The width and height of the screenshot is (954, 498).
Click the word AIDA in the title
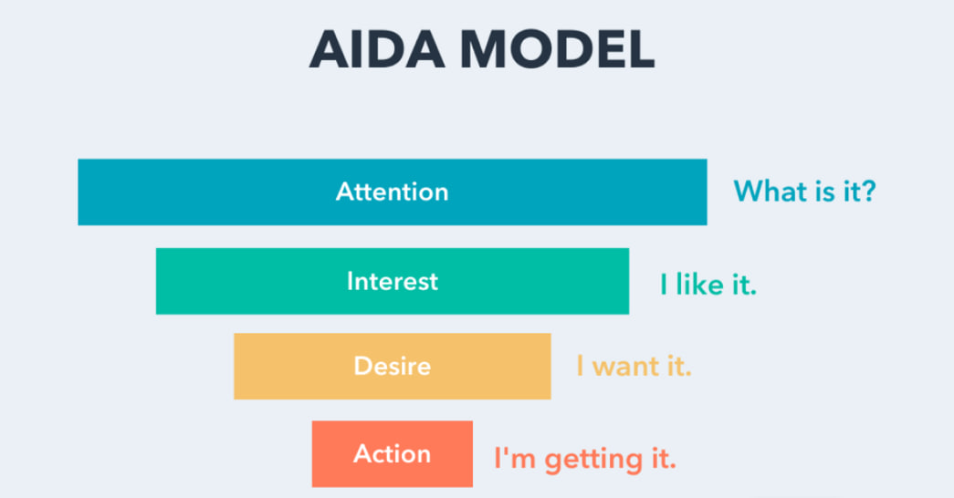tap(377, 49)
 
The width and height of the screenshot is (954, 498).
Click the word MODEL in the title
tap(557, 49)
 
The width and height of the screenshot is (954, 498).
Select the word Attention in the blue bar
tap(393, 192)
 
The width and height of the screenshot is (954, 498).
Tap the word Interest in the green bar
tap(393, 282)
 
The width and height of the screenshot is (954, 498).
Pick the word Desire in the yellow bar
tap(393, 366)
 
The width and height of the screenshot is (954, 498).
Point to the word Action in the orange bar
tap(393, 454)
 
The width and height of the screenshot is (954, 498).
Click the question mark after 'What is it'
tap(868, 191)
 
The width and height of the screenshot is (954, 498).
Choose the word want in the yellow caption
tap(625, 366)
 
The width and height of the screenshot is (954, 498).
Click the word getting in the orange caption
tap(593, 460)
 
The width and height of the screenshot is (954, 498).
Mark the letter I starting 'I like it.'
tap(664, 285)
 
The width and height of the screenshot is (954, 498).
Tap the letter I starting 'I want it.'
tap(580, 366)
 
